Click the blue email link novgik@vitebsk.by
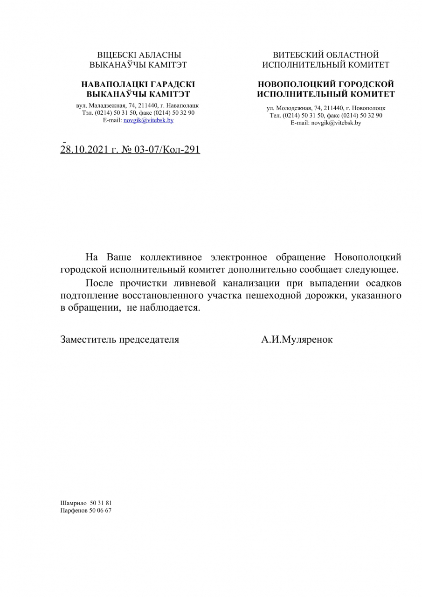148,120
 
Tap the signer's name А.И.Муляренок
297,340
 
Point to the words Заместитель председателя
119,340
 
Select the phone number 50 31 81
101,503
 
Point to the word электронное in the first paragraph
239,257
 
